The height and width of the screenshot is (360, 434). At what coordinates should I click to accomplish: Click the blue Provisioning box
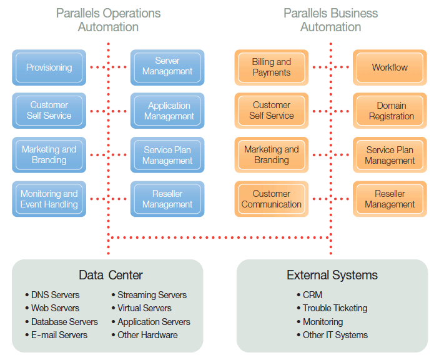click(x=49, y=67)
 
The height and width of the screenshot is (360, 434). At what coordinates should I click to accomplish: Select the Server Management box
click(x=167, y=66)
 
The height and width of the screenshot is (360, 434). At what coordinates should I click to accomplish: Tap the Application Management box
click(x=167, y=111)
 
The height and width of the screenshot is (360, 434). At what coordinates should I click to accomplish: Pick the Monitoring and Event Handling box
click(x=49, y=199)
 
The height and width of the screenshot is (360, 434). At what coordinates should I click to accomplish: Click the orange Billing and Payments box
click(x=271, y=67)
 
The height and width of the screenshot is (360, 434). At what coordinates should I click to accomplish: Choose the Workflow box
click(x=390, y=67)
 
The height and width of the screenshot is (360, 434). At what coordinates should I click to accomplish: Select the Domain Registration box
click(x=390, y=111)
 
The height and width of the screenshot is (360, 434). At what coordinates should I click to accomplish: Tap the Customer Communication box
click(x=271, y=199)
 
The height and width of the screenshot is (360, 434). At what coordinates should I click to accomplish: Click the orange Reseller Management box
click(x=390, y=199)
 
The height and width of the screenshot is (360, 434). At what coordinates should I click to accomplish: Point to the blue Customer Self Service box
click(x=49, y=111)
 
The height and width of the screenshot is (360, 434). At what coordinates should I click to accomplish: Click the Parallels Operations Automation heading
click(x=108, y=20)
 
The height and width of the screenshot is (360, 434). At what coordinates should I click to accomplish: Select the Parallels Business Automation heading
click(x=330, y=20)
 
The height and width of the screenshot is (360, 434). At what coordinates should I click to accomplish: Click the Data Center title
click(x=111, y=275)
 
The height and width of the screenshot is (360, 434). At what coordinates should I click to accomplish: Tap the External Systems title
click(x=332, y=275)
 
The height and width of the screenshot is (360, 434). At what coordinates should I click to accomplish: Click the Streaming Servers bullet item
click(x=152, y=295)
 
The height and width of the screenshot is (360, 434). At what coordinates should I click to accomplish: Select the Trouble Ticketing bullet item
click(x=335, y=308)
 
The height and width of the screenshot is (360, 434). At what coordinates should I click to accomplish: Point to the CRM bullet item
click(x=313, y=295)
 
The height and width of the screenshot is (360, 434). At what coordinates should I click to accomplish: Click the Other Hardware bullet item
click(x=147, y=335)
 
